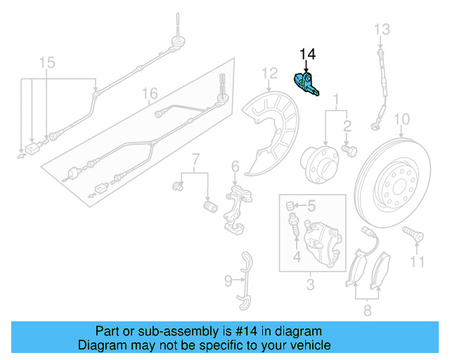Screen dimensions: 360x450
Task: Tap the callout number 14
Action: click(308, 54)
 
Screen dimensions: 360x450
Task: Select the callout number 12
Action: click(270, 73)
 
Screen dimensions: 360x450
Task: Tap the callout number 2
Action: click(347, 126)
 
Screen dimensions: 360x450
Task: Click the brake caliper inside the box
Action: click(322, 241)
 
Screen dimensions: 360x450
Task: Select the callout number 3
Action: click(309, 285)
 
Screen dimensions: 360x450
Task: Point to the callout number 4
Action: click(297, 257)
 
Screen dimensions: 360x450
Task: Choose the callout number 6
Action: click(236, 167)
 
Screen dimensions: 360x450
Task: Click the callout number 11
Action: click(418, 262)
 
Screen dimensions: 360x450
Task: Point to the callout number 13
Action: click(381, 29)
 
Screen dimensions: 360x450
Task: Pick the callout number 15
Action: click(46, 63)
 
